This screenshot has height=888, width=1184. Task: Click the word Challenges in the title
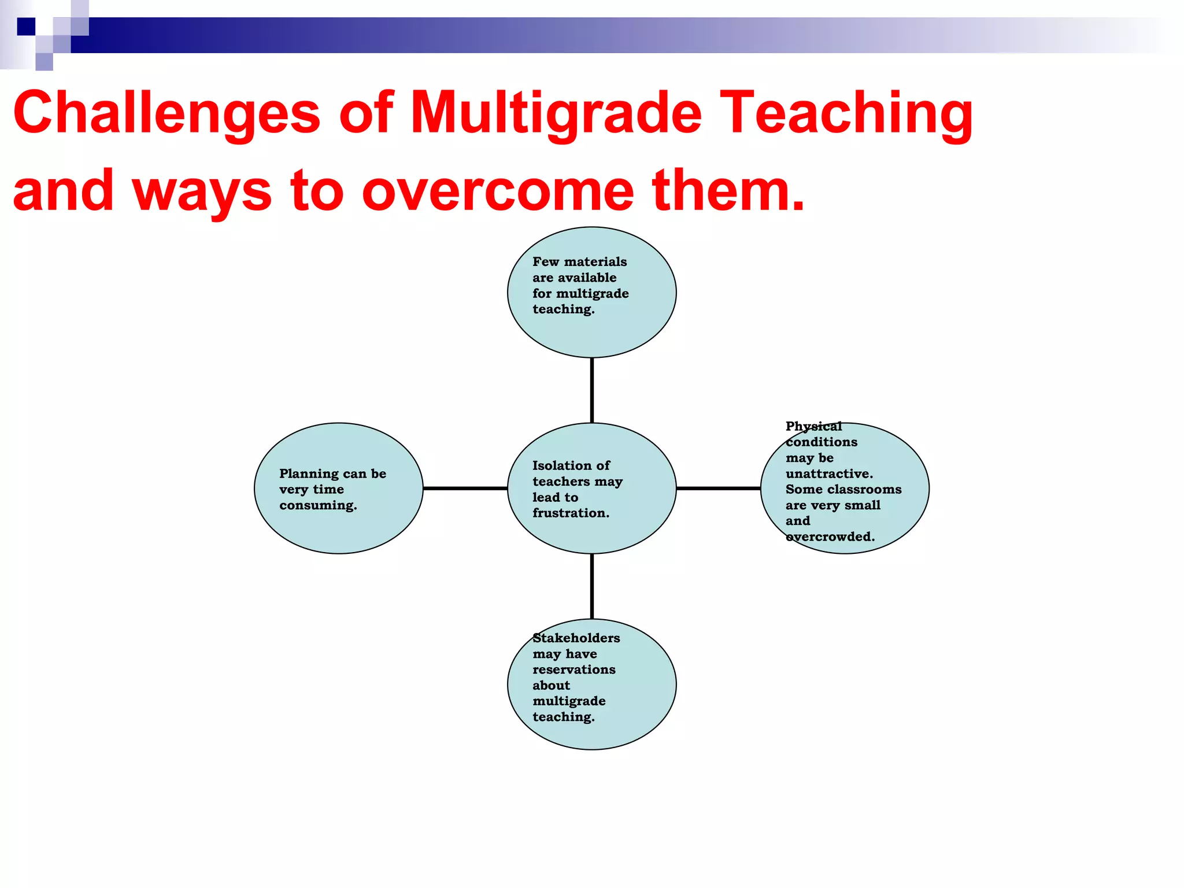(166, 113)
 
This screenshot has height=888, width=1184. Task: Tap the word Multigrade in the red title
(555, 113)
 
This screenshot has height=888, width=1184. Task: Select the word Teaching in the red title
(848, 113)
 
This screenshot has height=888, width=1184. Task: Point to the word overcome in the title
(497, 191)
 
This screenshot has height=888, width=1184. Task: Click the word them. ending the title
(728, 191)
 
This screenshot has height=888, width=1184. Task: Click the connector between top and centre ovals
(591, 390)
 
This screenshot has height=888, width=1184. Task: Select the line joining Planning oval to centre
(465, 489)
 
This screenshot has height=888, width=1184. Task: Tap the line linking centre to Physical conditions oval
(718, 489)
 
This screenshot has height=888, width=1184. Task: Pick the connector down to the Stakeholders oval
(591, 586)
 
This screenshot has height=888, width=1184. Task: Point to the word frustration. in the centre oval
(571, 513)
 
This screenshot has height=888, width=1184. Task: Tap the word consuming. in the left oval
(318, 505)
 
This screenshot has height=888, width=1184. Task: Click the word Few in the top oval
(545, 261)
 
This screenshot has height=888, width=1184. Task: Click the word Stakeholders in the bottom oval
(576, 638)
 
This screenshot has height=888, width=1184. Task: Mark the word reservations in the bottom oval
(573, 669)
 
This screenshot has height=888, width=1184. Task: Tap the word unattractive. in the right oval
(829, 473)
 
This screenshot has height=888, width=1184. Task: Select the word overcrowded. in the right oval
(830, 536)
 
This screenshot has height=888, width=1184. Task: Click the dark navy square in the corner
(26, 27)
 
